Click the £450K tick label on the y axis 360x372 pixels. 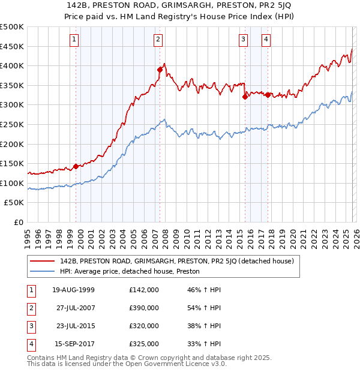tap(12, 46)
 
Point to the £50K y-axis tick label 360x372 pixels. tap(14, 203)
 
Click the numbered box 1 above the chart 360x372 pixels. tap(74, 40)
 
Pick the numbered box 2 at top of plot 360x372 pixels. tap(158, 40)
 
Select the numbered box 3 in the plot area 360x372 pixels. tap(243, 40)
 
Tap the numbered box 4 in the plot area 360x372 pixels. tap(265, 40)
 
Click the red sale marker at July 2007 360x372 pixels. tap(160, 70)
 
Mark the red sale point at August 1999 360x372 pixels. tap(76, 166)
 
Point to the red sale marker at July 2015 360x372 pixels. tap(245, 97)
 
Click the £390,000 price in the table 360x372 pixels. tap(144, 308)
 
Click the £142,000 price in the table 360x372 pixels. tap(144, 290)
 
